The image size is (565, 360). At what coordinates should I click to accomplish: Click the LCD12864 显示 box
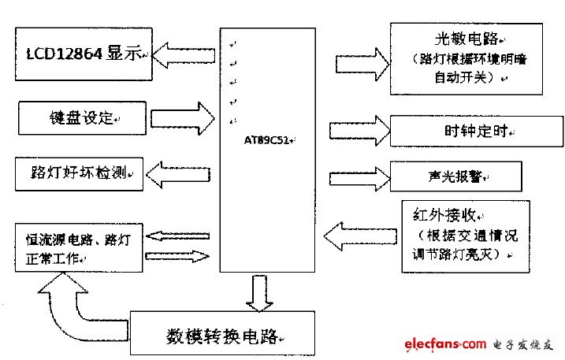tap(82, 54)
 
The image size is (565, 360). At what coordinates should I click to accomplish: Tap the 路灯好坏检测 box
tap(80, 173)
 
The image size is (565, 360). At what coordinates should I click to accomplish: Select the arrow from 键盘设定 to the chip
tap(181, 120)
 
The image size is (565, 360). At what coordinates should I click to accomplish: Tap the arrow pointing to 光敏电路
tap(358, 63)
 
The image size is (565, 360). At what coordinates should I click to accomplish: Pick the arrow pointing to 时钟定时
tap(358, 130)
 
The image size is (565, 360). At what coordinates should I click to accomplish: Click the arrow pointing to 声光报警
tap(358, 173)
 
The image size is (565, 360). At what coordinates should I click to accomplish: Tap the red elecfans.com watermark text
tap(445, 344)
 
